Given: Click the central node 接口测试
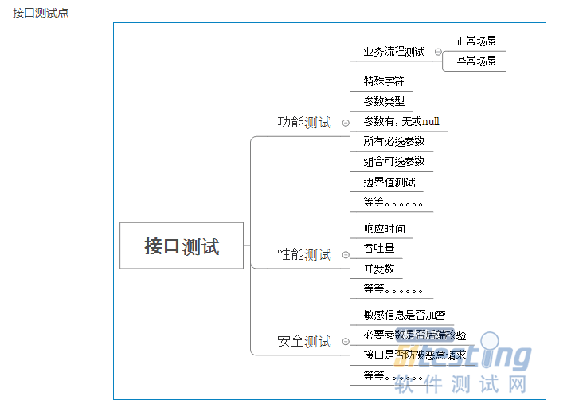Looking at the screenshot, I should [x=182, y=246].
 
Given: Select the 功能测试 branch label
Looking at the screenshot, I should [x=304, y=123].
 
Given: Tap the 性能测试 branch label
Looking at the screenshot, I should [x=304, y=255].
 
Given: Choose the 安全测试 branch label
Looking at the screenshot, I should [x=304, y=342].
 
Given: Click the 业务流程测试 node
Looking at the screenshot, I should [x=394, y=52].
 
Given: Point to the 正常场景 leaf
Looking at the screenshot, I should [x=476, y=41].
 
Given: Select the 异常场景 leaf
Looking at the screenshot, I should [x=476, y=61].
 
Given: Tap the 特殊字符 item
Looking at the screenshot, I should [x=384, y=81].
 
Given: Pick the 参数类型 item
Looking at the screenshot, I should [x=384, y=101].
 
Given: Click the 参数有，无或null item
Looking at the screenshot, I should [x=401, y=121].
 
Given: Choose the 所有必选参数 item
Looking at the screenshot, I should [x=394, y=141].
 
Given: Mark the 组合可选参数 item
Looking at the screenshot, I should [x=394, y=162].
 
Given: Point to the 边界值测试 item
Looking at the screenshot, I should [x=389, y=182].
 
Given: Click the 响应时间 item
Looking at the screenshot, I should [x=384, y=229].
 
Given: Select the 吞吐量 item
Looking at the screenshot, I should [x=379, y=249].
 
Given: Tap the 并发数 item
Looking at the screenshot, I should [x=379, y=269].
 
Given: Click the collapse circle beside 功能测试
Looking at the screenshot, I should [x=345, y=123].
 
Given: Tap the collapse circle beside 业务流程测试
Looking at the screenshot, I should [x=438, y=52].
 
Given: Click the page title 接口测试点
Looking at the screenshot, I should [x=41, y=13].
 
